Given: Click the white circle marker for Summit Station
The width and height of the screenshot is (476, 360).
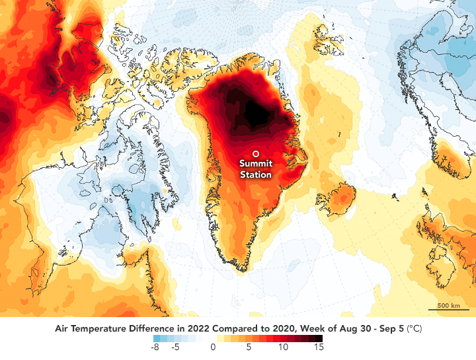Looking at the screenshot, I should point(255,154).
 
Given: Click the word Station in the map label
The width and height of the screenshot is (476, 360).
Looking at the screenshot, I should point(255,175).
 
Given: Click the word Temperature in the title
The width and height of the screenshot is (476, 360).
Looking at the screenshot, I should point(110,328).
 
